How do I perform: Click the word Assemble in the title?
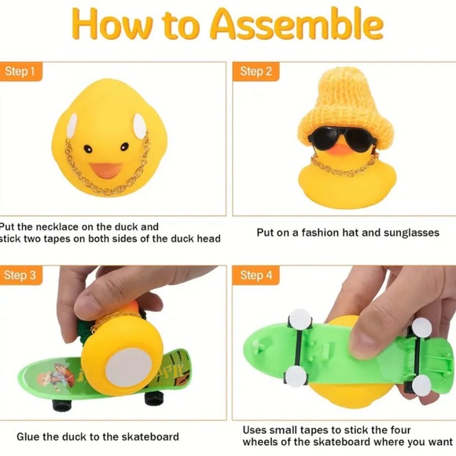point(296,24)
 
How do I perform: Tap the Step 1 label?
point(20,72)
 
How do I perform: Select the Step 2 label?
point(256,72)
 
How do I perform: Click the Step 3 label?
point(20,275)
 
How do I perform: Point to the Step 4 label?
point(256,275)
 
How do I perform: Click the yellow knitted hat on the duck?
point(344,108)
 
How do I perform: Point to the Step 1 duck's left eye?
point(88,149)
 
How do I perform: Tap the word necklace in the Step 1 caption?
point(57,227)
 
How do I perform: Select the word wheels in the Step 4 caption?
point(260,442)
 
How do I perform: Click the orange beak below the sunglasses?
point(342,149)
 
